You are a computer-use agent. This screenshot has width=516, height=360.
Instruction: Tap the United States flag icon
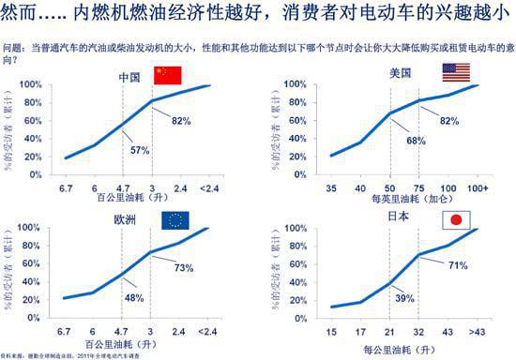click(x=456, y=73)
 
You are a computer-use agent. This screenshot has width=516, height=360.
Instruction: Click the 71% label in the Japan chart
click(x=457, y=266)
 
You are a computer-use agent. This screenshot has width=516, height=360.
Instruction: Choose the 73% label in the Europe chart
click(x=183, y=268)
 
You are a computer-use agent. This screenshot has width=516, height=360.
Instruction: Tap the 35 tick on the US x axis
click(x=330, y=188)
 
